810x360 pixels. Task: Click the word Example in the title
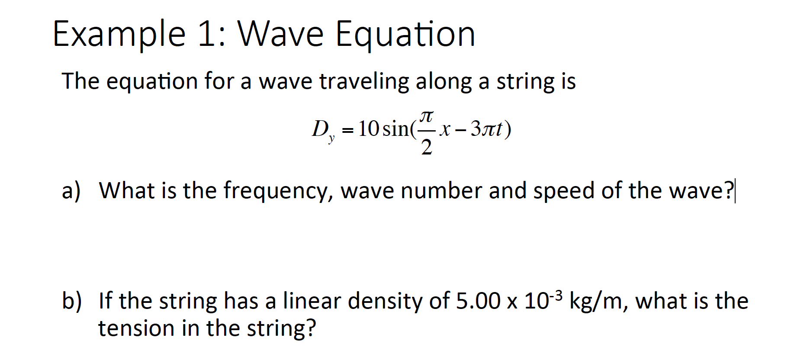coord(119,35)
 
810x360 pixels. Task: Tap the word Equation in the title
coord(405,35)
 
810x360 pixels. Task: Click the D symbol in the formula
coord(320,128)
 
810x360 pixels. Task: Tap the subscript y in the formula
coord(331,139)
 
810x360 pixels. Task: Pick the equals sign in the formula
coord(347,129)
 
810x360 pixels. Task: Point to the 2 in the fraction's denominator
coord(427,147)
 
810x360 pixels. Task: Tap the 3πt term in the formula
coord(487,129)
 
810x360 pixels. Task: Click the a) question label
coord(71,191)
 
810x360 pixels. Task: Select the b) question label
coord(72,301)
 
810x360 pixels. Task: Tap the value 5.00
coord(478,301)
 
